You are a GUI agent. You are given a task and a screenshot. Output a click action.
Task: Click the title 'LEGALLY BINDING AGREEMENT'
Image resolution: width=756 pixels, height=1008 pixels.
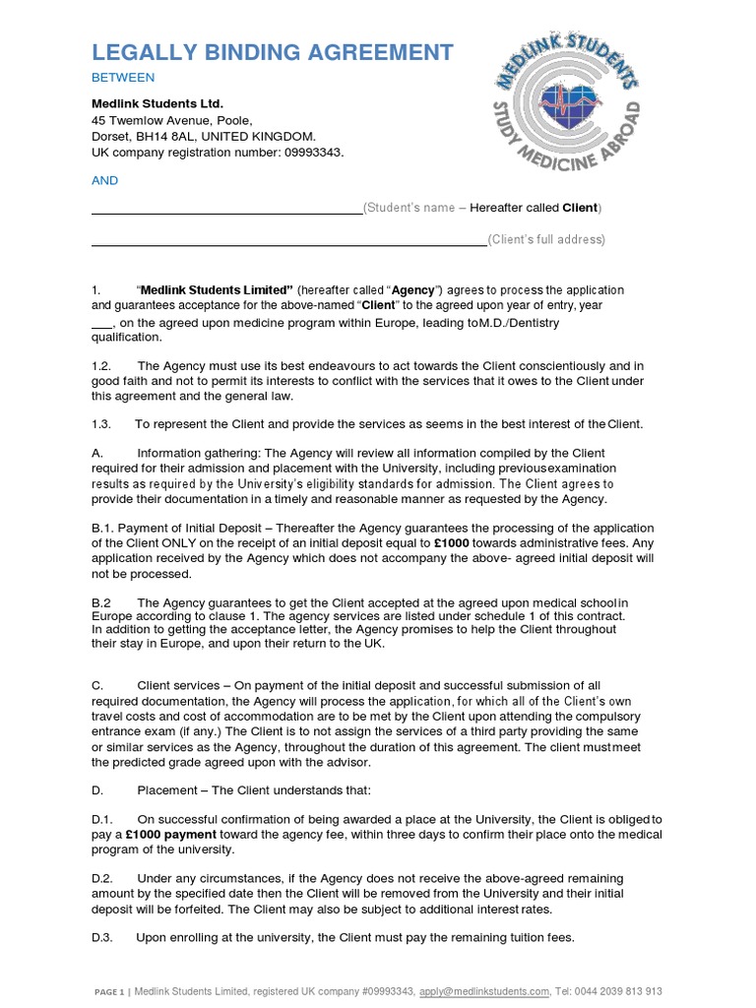tap(273, 52)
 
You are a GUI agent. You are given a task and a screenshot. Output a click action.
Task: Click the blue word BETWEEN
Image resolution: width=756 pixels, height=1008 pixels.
tap(123, 78)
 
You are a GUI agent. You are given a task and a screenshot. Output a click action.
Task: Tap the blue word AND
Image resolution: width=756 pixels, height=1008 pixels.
tap(104, 180)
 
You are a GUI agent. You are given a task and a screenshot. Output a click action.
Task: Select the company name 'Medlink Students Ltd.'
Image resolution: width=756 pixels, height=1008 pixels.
tap(157, 103)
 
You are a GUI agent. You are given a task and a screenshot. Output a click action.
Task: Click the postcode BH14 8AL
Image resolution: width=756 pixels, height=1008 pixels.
tap(165, 136)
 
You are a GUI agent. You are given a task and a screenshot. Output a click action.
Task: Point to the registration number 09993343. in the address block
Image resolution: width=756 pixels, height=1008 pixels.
tap(312, 153)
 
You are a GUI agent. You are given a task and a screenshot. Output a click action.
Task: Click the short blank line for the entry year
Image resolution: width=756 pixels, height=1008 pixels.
tap(102, 324)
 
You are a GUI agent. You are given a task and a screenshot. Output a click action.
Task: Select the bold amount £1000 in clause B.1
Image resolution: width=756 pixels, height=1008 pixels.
tap(450, 543)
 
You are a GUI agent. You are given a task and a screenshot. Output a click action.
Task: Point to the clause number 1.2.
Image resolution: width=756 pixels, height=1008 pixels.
tap(101, 365)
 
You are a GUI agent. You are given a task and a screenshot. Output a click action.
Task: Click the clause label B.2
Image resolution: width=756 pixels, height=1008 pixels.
tap(101, 602)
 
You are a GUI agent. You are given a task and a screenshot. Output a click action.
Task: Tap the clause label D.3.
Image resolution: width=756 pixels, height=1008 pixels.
tap(102, 938)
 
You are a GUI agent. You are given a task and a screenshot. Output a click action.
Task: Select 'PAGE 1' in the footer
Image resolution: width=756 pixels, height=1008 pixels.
tap(108, 992)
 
